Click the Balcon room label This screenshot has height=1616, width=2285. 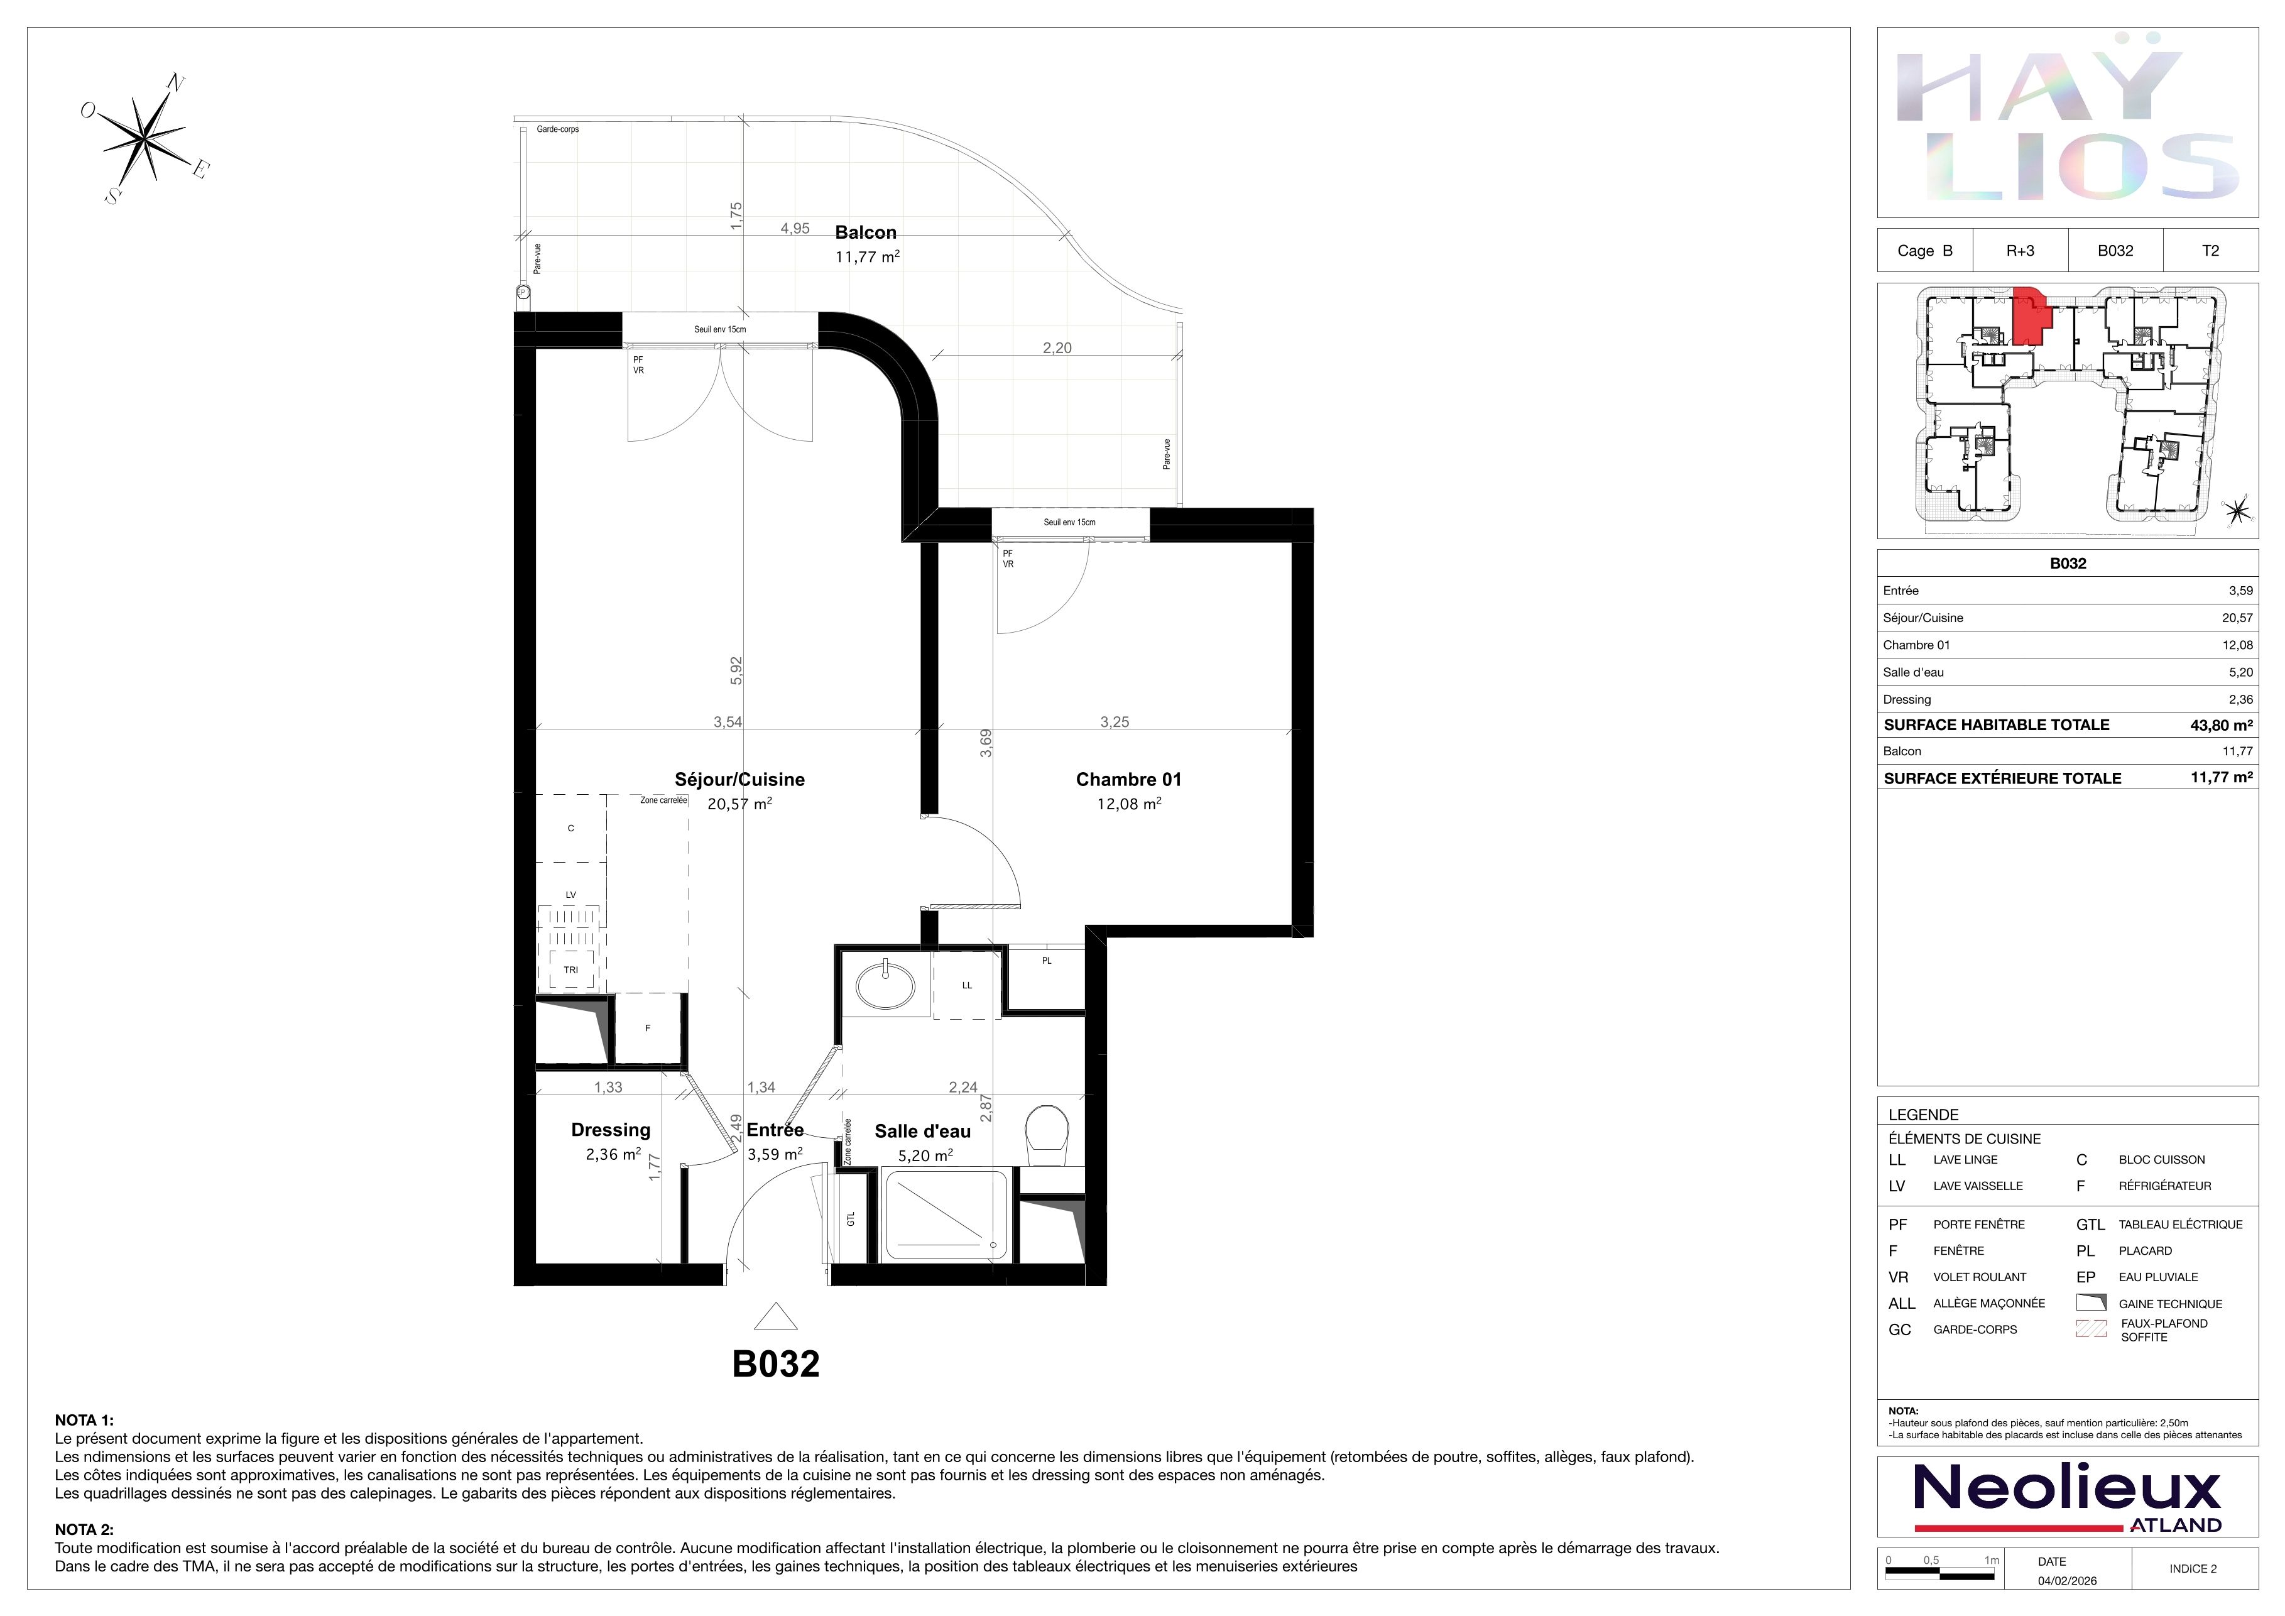click(x=866, y=233)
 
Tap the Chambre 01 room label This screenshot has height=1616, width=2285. click(x=1128, y=780)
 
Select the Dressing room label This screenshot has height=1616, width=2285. click(x=611, y=1130)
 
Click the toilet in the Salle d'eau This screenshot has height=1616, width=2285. click(x=1047, y=1135)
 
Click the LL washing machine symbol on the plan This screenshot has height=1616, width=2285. click(x=966, y=986)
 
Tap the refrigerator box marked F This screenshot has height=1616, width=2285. click(x=648, y=1028)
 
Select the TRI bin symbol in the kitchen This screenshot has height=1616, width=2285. click(x=571, y=970)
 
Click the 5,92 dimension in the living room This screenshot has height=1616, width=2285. click(x=736, y=670)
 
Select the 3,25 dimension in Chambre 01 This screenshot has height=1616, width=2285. click(x=1115, y=723)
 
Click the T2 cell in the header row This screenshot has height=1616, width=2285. click(x=2210, y=251)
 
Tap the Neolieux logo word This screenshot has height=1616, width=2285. click(x=2067, y=1488)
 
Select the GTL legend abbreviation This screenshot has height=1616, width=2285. click(x=2090, y=1225)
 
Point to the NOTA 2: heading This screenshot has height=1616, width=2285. click(x=85, y=1529)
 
